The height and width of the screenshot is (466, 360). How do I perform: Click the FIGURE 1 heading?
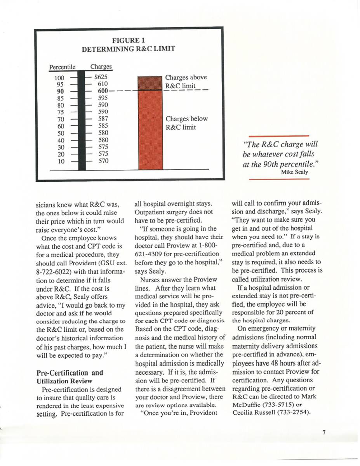pos(128,40)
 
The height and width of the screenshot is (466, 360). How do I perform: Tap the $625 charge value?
pos(101,77)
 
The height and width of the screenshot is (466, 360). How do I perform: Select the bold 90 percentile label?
pos(60,91)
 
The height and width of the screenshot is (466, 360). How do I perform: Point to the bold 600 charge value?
pos(103,91)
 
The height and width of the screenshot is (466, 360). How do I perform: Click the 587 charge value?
pos(103,119)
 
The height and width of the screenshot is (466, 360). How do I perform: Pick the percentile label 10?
pos(61,161)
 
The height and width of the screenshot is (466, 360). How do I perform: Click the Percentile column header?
pos(62,67)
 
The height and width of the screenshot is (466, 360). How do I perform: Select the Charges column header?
pos(101,67)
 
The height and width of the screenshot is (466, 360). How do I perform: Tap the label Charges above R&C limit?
pos(186,81)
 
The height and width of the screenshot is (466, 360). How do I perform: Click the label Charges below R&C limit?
pos(186,123)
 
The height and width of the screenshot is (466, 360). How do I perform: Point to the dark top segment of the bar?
pos(150,83)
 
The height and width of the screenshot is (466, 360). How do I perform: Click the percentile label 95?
pos(60,84)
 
